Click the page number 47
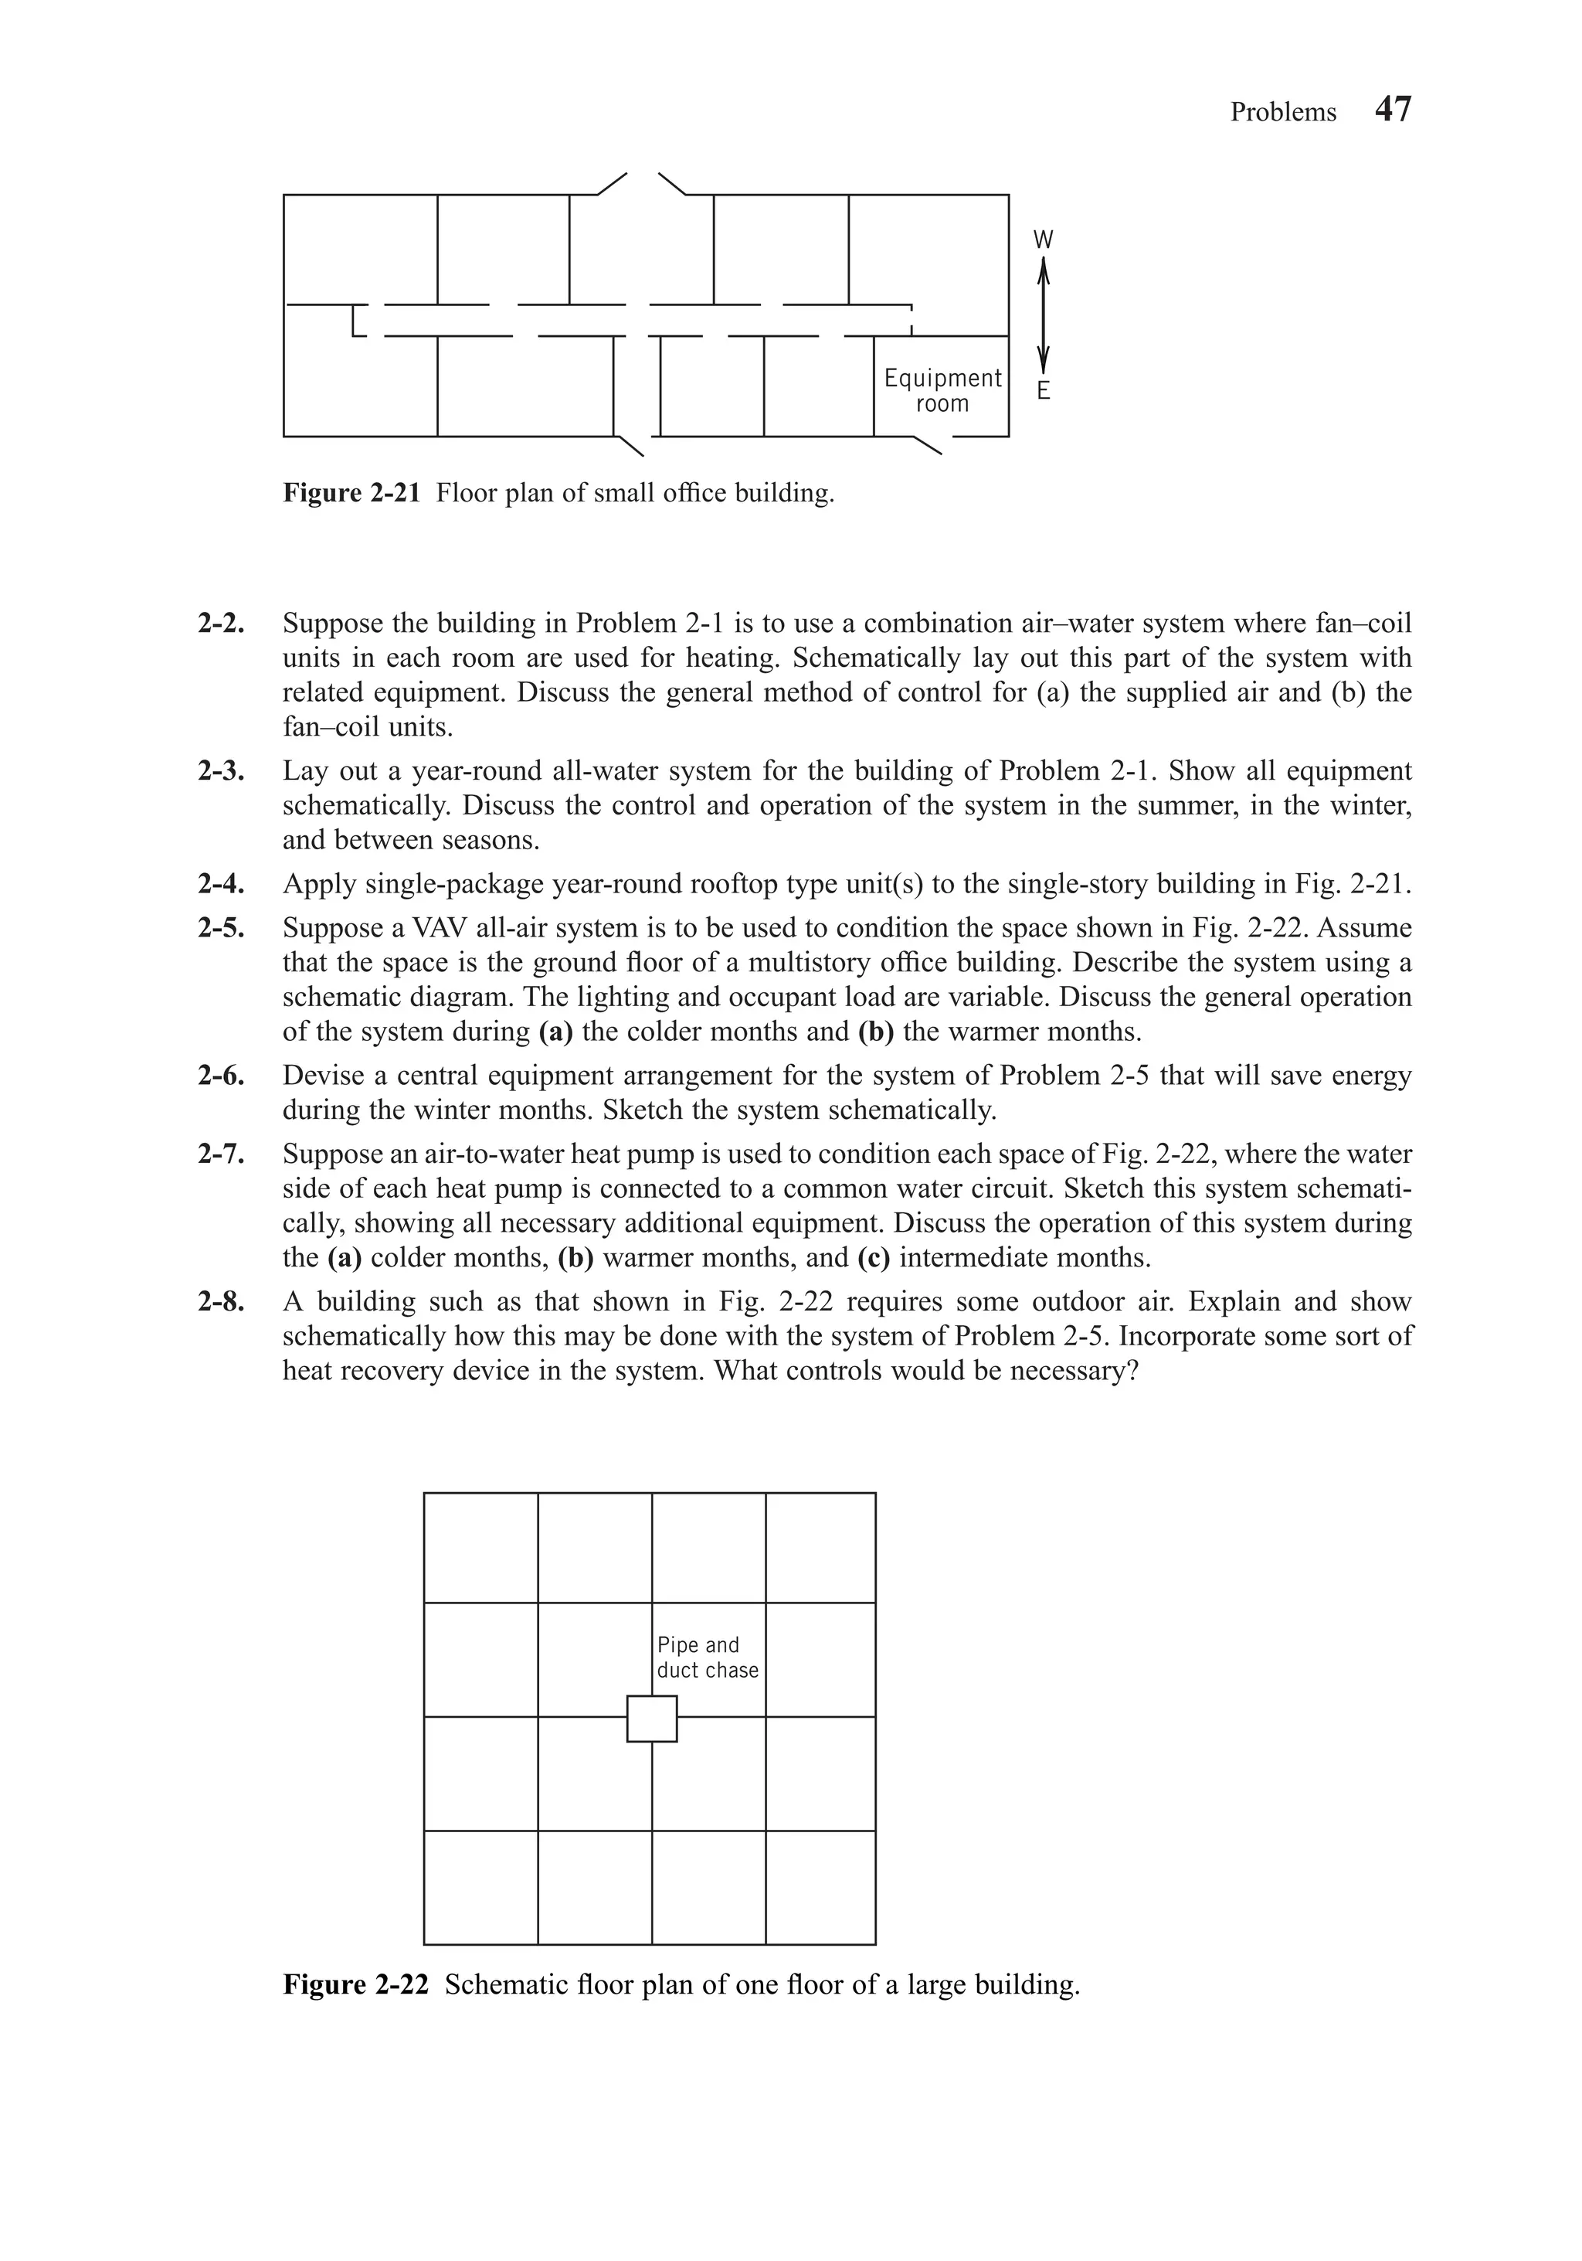click(1392, 109)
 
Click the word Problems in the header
click(1283, 112)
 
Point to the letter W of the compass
click(1044, 240)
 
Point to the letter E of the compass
click(1044, 391)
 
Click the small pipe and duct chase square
click(652, 1719)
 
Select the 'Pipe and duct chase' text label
click(707, 1657)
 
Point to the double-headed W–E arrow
click(1044, 315)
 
